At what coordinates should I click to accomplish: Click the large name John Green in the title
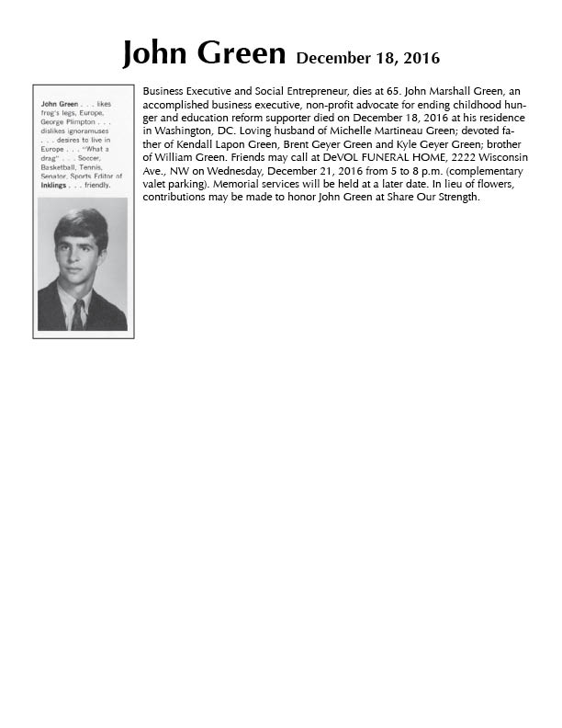click(204, 54)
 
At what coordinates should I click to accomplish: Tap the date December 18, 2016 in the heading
click(367, 59)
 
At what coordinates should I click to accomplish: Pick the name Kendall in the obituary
click(193, 145)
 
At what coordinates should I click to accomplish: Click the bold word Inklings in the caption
click(56, 184)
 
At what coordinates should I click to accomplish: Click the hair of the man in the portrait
click(82, 222)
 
